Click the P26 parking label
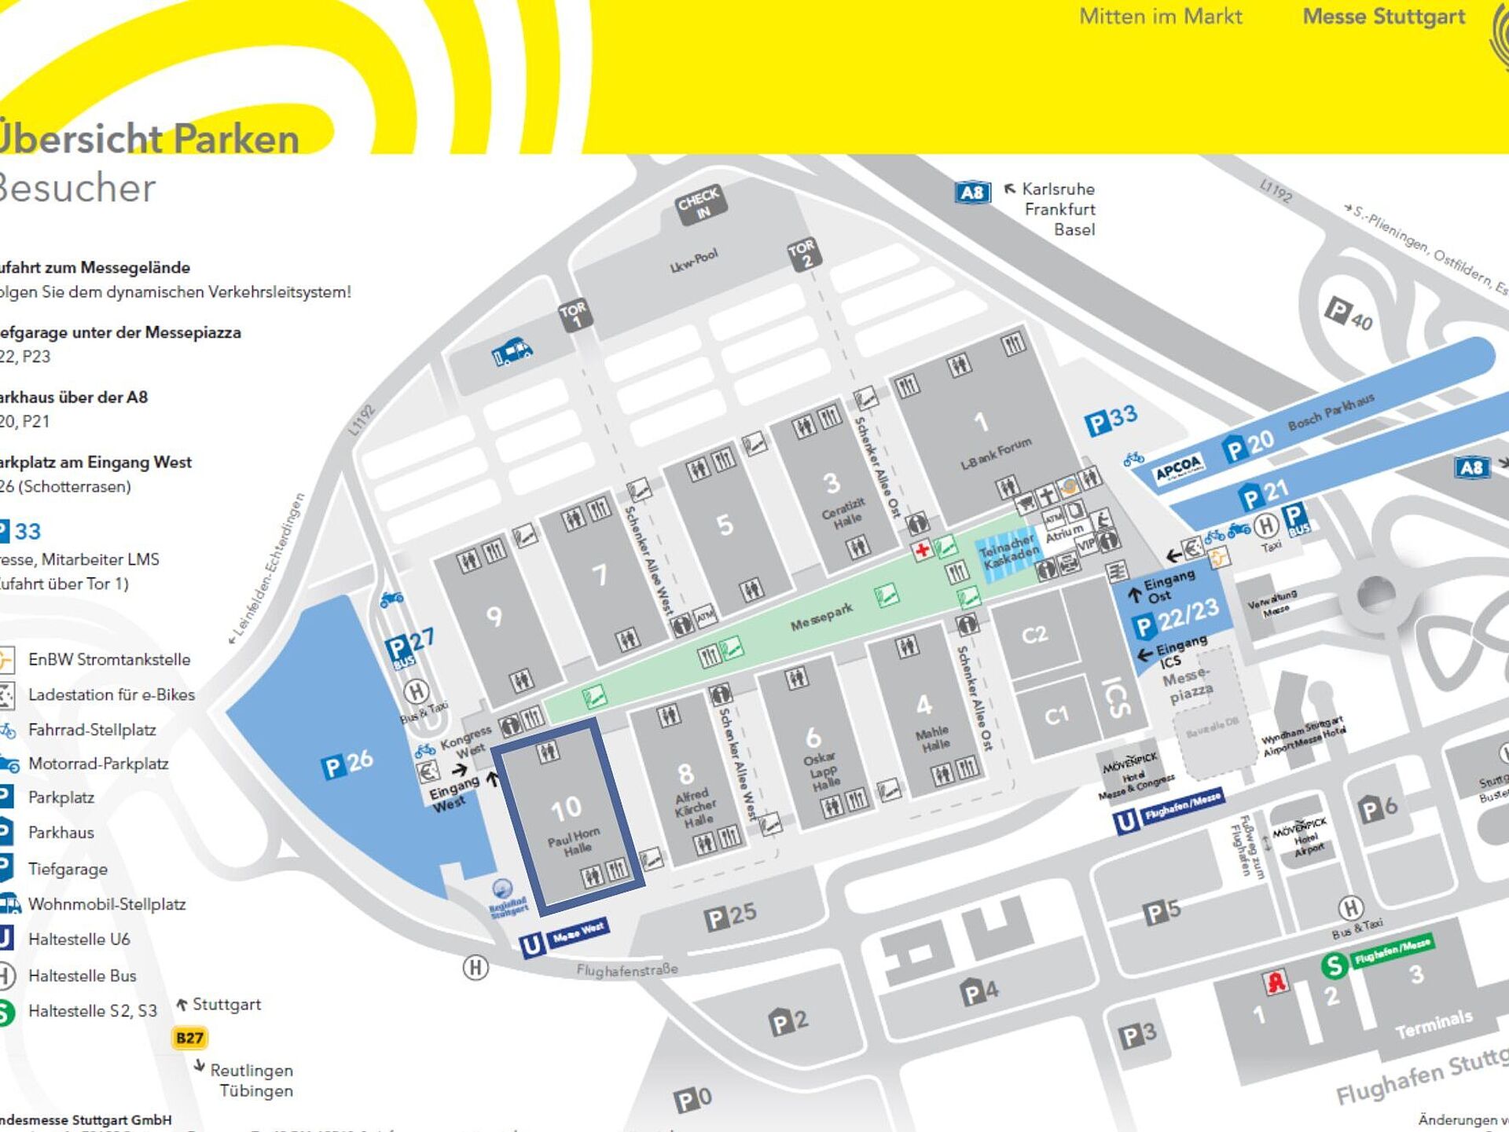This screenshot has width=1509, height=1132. [347, 763]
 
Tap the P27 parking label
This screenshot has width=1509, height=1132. [409, 644]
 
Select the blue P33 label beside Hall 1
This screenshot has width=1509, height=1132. [1111, 420]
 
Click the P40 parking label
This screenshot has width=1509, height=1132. [1349, 314]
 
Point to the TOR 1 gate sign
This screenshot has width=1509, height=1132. [575, 314]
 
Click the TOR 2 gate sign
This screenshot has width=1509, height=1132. [803, 253]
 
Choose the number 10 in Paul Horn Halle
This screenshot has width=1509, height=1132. [566, 808]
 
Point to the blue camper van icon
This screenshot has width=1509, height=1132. [512, 351]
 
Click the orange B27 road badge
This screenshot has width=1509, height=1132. [189, 1038]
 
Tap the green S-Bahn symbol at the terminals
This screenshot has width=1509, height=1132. [1334, 965]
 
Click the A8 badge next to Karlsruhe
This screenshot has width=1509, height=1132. [972, 192]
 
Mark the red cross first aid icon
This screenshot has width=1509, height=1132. [923, 549]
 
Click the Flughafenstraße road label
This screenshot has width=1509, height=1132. [626, 970]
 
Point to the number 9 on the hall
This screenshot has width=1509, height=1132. [494, 617]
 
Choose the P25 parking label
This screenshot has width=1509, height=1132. [730, 916]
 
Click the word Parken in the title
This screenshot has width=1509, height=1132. [236, 140]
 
